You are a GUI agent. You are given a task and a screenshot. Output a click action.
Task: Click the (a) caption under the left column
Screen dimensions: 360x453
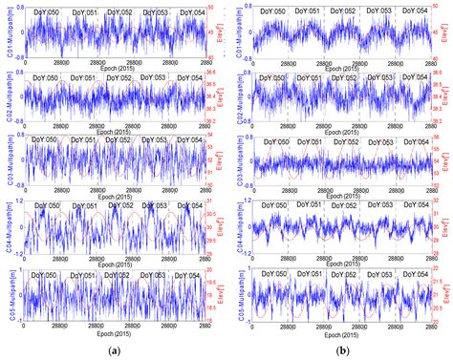(x=114, y=350)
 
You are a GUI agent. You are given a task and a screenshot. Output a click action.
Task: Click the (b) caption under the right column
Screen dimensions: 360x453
(x=341, y=350)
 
